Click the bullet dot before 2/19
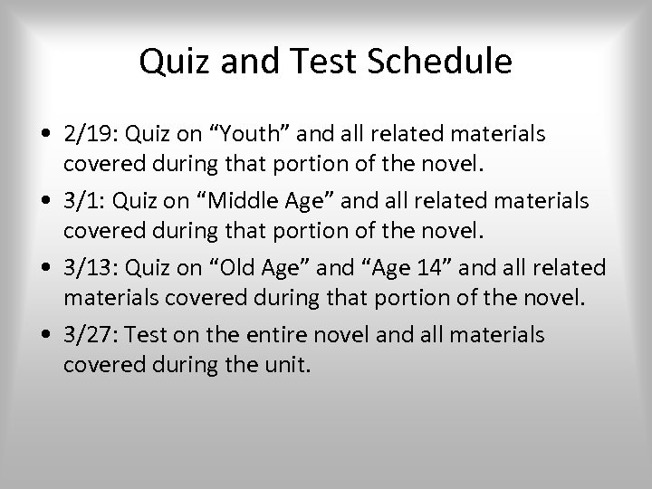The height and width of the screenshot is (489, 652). click(x=44, y=134)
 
